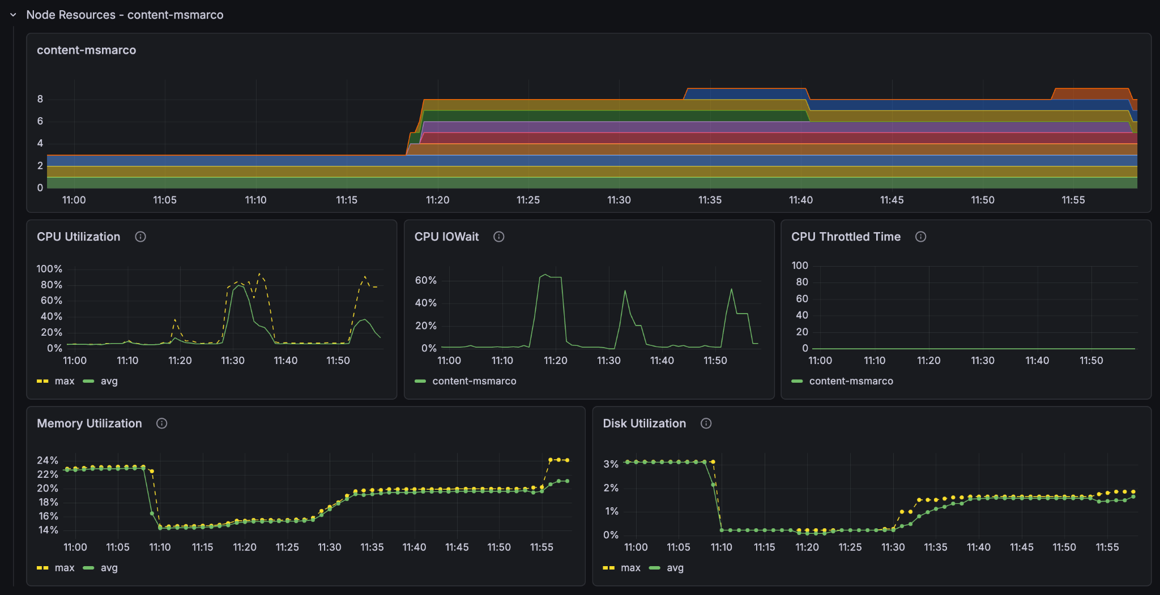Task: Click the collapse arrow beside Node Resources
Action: [13, 15]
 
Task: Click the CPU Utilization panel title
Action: [78, 237]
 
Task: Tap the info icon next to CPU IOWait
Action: [498, 237]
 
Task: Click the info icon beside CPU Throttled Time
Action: [920, 237]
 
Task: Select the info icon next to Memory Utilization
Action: [161, 423]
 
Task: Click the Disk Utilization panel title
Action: [644, 423]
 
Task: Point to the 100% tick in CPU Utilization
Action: [49, 269]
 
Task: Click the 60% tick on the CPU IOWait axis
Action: [425, 280]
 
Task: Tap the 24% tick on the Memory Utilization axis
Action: [48, 460]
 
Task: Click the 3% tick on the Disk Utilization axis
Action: [611, 464]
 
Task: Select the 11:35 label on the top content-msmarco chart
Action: [710, 200]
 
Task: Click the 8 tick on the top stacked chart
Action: [40, 99]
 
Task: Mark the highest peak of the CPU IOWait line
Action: [545, 275]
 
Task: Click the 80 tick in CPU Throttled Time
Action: [801, 282]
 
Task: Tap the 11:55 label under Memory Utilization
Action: [541, 547]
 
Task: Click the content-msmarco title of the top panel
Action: [86, 50]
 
